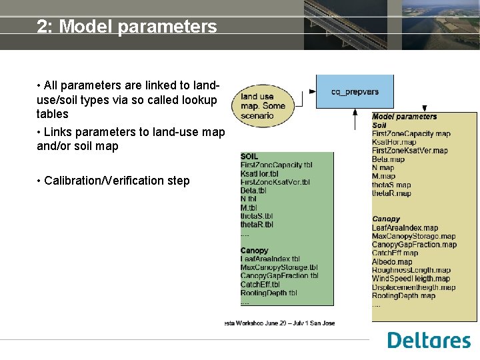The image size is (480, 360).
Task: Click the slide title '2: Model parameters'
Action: point(127,27)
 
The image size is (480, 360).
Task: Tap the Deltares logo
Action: point(429,340)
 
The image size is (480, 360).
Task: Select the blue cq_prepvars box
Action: point(354,91)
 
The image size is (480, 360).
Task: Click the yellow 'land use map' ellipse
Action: point(263,106)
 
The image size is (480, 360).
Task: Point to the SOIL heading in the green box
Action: point(249,157)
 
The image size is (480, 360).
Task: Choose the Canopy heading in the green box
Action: point(254,251)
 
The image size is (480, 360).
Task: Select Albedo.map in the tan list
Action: point(392,262)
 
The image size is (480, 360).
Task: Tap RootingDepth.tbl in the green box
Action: point(269,293)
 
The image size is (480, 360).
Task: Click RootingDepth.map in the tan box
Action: point(403,296)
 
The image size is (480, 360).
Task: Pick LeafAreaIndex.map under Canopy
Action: point(405,228)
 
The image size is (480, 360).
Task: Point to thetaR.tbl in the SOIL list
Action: point(257,225)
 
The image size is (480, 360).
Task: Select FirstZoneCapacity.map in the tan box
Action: point(411,134)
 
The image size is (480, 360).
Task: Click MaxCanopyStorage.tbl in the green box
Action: point(279,267)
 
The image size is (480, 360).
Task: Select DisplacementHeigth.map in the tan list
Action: point(413,287)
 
